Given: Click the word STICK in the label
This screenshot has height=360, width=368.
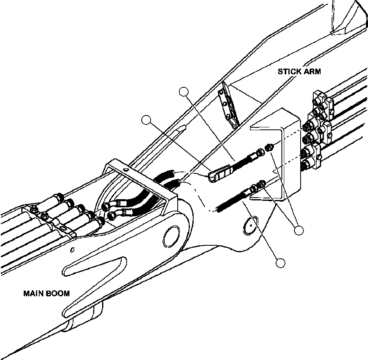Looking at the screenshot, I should click(x=289, y=71).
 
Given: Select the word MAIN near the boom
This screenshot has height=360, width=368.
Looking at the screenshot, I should click(x=34, y=293).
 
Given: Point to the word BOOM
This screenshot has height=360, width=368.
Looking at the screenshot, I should click(x=58, y=293).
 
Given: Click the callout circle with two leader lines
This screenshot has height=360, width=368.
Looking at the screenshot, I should click(x=299, y=231).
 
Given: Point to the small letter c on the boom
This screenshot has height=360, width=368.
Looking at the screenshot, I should click(x=72, y=249).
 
